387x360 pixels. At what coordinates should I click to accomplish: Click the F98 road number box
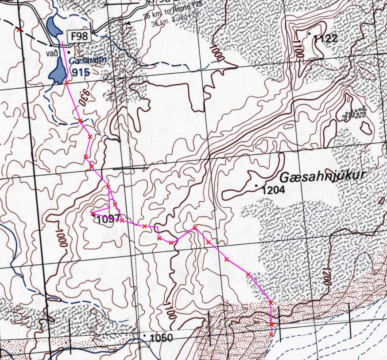coord(78,36)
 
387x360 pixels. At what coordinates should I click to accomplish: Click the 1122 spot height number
coord(325,39)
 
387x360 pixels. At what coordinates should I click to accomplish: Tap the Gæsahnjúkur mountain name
coord(322,176)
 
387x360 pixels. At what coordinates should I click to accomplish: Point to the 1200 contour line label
coord(327,278)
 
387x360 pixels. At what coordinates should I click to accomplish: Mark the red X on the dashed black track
coord(19,30)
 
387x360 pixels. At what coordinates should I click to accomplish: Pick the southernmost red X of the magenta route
coord(271,334)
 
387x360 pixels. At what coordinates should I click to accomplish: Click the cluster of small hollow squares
coord(355,113)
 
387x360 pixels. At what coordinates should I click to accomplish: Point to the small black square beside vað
coord(69,52)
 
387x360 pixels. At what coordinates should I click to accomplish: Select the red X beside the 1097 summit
coord(93,214)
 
